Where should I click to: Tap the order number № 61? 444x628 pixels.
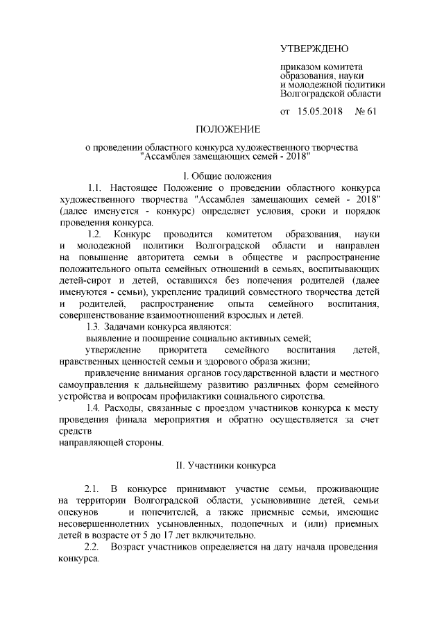coord(366,111)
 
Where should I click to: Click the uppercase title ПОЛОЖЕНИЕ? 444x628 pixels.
coord(228,130)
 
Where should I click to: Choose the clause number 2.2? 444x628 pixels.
coord(92,548)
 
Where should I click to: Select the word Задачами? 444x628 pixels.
coord(129,326)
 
